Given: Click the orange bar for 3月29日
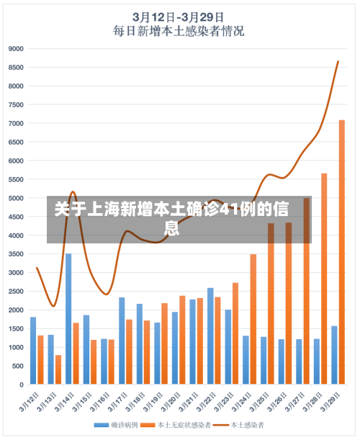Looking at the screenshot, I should pos(342,252).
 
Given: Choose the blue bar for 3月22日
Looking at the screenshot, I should pos(210,336).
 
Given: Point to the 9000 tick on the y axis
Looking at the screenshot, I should pos(16,49).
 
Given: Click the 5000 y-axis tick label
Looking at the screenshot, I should pos(16,198).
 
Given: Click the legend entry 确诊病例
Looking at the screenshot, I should pos(118,426).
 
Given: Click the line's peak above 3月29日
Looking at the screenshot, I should pos(338,61).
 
